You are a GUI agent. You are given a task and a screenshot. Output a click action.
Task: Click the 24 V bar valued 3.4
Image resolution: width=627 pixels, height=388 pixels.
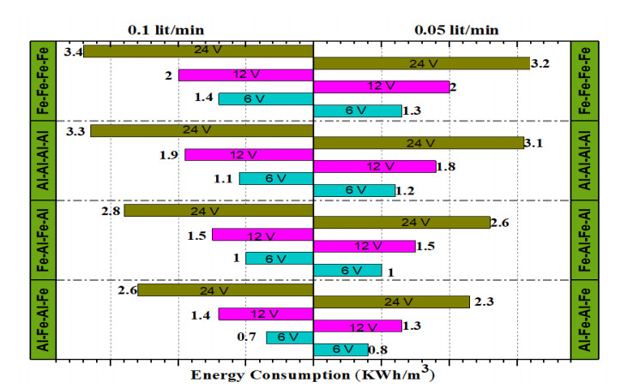coord(198,51)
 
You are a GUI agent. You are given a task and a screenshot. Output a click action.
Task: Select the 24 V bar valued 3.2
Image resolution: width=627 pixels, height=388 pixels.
coord(421,63)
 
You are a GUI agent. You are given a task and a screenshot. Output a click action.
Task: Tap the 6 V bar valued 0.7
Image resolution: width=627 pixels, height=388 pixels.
coord(290,337)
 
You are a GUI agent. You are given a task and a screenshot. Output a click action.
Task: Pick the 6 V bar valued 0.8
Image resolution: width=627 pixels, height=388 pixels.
coord(341,349)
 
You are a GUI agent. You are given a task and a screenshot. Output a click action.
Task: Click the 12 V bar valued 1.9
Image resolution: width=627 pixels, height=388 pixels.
coord(249,155)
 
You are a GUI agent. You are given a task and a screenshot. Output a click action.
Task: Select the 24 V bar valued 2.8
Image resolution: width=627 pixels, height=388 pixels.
coord(219,210)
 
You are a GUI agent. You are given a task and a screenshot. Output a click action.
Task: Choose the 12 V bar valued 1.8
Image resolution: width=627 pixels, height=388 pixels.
coord(375,166)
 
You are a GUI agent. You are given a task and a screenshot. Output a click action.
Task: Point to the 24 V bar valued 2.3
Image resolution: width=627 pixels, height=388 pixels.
coord(391,301)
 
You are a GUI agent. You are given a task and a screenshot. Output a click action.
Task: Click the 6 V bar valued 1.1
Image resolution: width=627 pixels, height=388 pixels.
coord(276,178)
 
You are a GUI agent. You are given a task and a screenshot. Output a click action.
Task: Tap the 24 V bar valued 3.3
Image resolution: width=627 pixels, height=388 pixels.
coord(202,131)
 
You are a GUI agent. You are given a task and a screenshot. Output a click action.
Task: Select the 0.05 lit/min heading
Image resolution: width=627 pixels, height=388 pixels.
coord(456,29)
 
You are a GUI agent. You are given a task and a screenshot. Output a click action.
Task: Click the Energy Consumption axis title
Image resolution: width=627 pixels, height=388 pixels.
coord(313,375)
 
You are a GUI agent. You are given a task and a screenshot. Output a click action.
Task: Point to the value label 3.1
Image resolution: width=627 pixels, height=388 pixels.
coord(534,143)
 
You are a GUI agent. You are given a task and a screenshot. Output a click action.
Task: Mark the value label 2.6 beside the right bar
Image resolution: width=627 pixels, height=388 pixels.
coord(502,223)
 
